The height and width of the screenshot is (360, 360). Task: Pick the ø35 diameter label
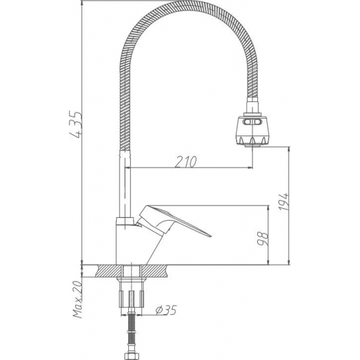[168, 310]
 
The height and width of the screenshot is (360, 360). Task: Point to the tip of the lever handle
[210, 235]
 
